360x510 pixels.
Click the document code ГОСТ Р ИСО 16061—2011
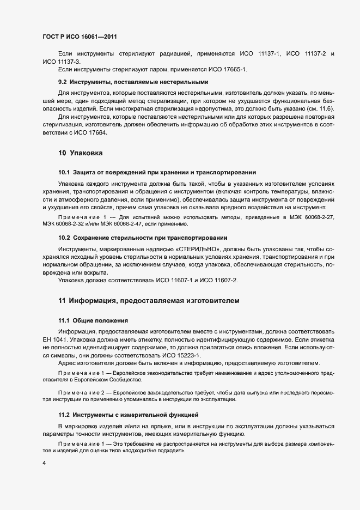(x=80, y=37)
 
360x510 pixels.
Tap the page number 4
(x=44, y=463)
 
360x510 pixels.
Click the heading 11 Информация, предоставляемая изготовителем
(x=148, y=300)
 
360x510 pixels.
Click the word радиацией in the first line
(x=174, y=54)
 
